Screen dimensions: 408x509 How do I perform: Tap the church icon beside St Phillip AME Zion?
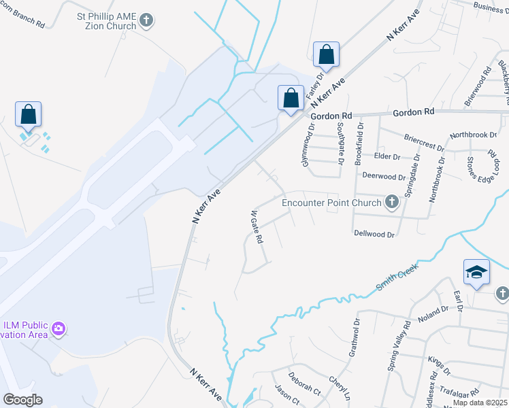(x=146, y=20)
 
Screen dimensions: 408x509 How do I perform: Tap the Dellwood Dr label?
(x=374, y=234)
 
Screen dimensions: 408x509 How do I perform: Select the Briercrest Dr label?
(x=423, y=139)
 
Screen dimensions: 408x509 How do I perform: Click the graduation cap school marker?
(x=477, y=273)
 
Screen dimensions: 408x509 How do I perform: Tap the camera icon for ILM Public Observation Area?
(x=59, y=330)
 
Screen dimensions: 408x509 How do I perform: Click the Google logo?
(x=22, y=400)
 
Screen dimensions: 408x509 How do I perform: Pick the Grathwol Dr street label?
(x=354, y=337)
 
